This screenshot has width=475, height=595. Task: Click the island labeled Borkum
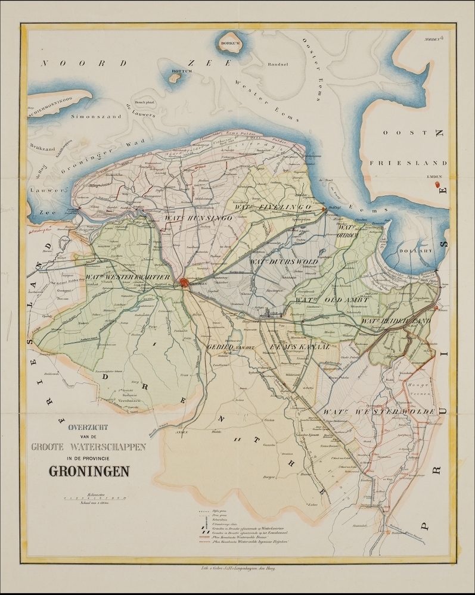tap(229, 43)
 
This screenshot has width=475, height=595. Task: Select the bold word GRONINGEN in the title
tap(91, 471)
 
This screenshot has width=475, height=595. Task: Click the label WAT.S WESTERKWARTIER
tap(128, 278)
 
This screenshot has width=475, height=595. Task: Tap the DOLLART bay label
tap(417, 252)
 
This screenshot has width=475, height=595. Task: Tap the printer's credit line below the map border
tap(237, 570)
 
